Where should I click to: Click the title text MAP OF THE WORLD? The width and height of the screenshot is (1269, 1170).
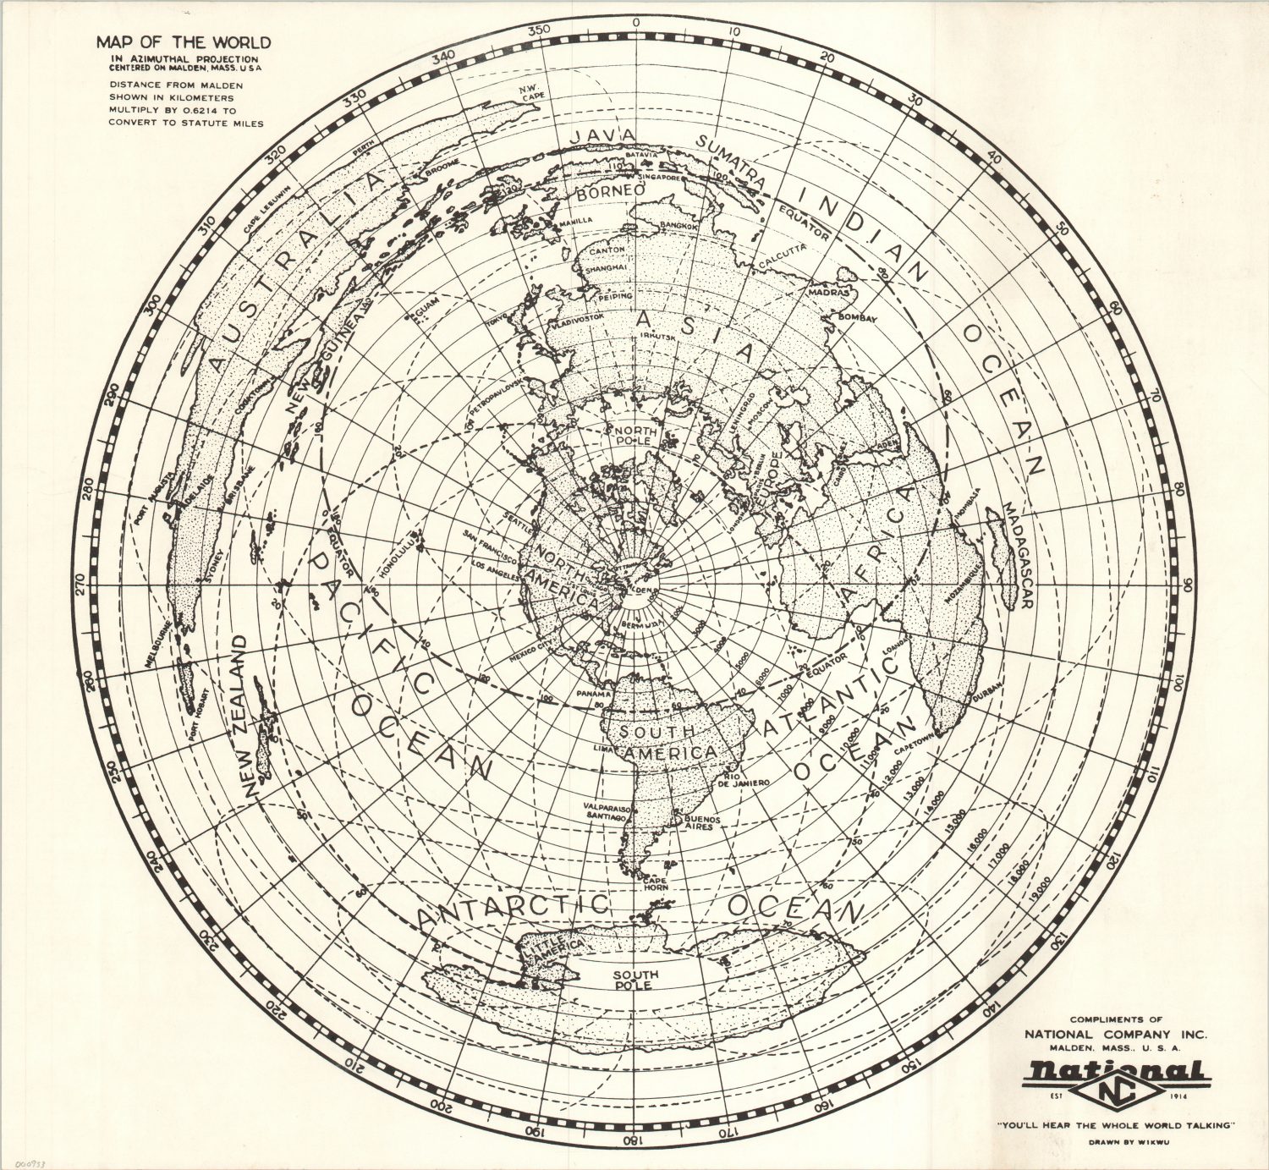click(x=183, y=41)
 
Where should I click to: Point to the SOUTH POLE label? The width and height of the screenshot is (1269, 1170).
click(x=636, y=980)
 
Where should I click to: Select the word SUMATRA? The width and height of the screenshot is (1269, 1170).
click(x=732, y=162)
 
